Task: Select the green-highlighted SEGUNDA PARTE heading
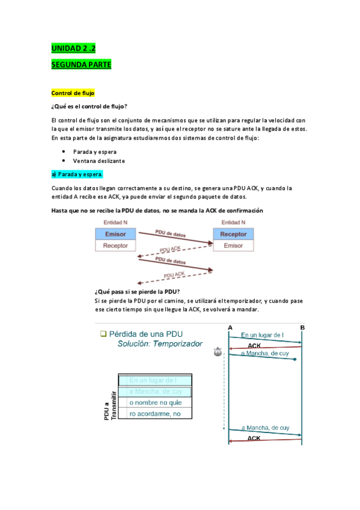[x=81, y=64]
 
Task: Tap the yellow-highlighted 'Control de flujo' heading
[x=73, y=93]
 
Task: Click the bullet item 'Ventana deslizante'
[x=99, y=161]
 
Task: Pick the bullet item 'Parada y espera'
[x=95, y=152]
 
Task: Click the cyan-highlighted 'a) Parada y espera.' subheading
[x=78, y=174]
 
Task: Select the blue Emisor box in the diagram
[x=115, y=234]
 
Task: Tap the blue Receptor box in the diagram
[x=233, y=234]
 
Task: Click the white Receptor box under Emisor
[x=115, y=245]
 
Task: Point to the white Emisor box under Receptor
[x=233, y=245]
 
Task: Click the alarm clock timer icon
[x=218, y=354]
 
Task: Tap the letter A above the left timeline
[x=230, y=327]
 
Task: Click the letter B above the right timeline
[x=302, y=327]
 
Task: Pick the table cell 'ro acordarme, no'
[x=156, y=413]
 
